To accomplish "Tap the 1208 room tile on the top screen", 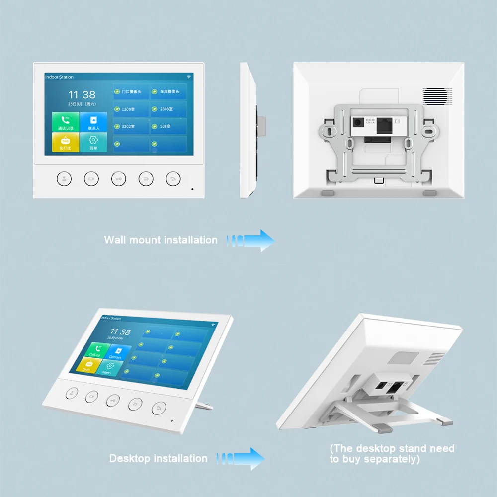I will pyautogui.click(x=131, y=109).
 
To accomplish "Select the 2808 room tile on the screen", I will pyautogui.click(x=168, y=109).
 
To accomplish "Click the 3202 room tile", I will pyautogui.click(x=131, y=126).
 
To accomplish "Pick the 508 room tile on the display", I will pyautogui.click(x=168, y=126).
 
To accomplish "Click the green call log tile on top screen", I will pyautogui.click(x=65, y=122).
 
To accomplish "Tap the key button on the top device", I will pyautogui.click(x=118, y=179).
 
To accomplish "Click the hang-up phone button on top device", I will pyautogui.click(x=172, y=179).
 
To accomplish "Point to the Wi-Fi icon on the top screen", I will pyautogui.click(x=189, y=77).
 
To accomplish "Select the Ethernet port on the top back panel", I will pyautogui.click(x=385, y=125).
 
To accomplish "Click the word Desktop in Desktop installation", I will pyautogui.click(x=129, y=458).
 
